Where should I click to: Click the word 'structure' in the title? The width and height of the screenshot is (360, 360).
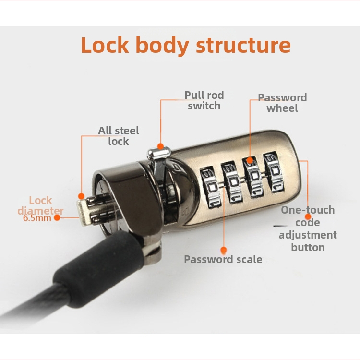[x=243, y=45]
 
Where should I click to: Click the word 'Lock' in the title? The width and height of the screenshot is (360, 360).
[x=105, y=45]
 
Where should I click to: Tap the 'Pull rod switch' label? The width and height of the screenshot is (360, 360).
[x=204, y=101]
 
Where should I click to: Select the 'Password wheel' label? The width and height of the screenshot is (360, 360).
[x=282, y=103]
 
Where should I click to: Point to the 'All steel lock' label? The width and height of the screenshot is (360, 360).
[x=119, y=136]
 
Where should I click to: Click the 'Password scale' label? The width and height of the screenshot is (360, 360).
[x=223, y=259]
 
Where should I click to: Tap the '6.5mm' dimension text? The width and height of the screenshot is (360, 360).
[x=37, y=218]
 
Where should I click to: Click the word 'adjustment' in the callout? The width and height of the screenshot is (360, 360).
[x=308, y=235]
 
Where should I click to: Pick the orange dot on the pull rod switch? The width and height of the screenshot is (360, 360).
[x=160, y=146]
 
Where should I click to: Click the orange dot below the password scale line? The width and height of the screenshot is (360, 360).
[x=224, y=250]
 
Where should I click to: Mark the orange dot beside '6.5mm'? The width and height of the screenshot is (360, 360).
[x=57, y=217]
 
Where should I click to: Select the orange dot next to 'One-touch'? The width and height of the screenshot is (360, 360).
[x=308, y=216]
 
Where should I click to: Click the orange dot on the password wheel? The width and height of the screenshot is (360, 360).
[x=250, y=160]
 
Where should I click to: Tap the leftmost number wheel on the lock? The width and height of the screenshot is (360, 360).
[x=210, y=187]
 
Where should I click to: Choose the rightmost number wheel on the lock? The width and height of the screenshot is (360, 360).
[x=274, y=173]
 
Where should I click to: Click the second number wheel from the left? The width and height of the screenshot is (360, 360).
[x=231, y=182]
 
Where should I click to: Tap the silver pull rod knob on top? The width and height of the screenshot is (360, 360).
[x=159, y=153]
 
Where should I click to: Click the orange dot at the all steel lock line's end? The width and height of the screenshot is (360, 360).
[x=81, y=196]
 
